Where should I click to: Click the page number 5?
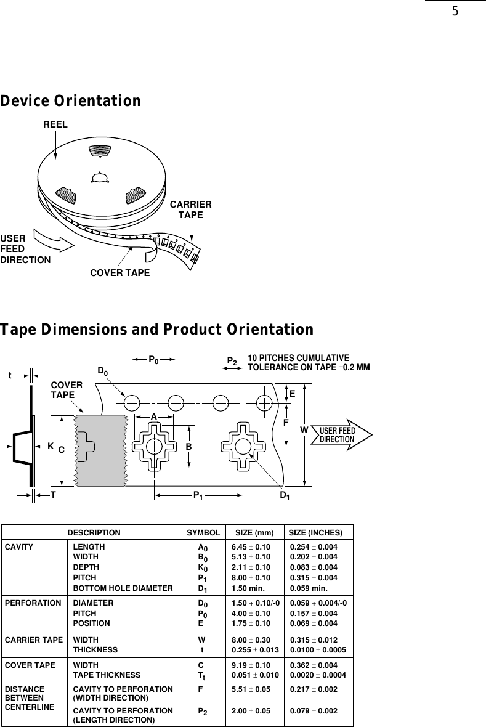pos(455,11)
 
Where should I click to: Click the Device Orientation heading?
pos(71,100)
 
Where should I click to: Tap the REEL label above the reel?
pos(55,124)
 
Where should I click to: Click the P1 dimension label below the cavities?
pos(198,495)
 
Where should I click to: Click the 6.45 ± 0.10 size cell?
pos(251,546)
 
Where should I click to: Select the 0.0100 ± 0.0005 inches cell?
pos(318,649)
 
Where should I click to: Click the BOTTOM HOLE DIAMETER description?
pos(123,588)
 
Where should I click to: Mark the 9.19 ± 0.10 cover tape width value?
pos(251,665)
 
